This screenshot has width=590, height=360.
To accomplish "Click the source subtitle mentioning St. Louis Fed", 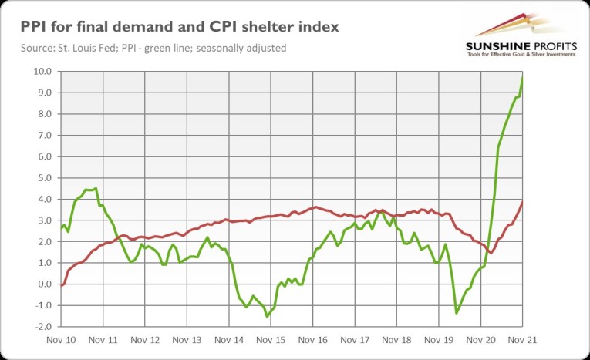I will click(x=148, y=49).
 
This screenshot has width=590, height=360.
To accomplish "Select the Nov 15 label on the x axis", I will click(x=271, y=339).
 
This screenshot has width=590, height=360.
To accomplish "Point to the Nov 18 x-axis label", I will click(x=397, y=339).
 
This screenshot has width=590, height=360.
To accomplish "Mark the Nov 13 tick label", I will click(x=187, y=339).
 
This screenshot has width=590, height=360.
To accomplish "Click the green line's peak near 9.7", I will click(x=523, y=78).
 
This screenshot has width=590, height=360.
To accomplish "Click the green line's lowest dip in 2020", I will click(x=457, y=312).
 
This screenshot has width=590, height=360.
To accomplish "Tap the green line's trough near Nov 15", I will click(x=268, y=316).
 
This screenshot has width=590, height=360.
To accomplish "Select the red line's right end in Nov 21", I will click(x=523, y=202).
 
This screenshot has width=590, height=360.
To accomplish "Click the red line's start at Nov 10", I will click(x=60, y=286).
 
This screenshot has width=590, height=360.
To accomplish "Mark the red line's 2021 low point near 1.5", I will click(x=491, y=252).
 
